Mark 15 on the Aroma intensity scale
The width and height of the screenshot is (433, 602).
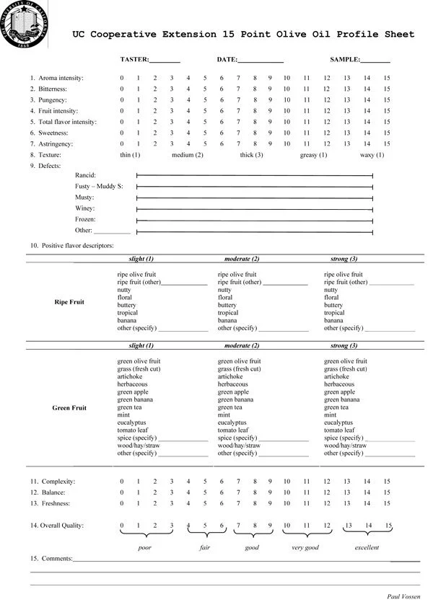point(387,78)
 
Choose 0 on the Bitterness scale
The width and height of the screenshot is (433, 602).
point(122,89)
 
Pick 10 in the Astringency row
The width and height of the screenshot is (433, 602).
point(287,144)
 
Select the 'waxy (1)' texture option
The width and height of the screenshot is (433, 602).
point(372,155)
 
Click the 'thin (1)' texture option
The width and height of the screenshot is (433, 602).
point(130,155)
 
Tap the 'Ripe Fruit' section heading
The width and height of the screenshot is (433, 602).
point(69,302)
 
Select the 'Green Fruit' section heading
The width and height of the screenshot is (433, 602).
point(69,408)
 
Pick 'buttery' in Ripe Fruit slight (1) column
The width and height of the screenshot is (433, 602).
point(127,305)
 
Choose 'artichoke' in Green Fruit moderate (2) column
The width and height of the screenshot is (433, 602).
point(230,376)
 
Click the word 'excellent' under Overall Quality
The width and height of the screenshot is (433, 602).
point(367,547)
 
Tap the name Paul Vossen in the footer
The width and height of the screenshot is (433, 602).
point(403,596)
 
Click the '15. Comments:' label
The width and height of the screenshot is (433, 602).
point(51,559)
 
